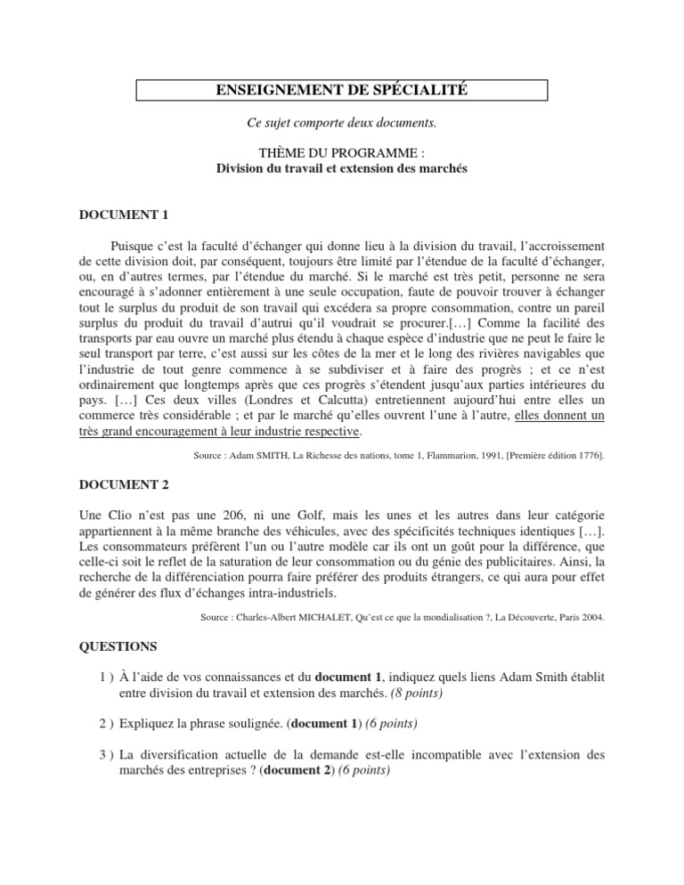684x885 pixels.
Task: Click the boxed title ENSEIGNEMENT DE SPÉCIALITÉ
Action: (x=342, y=90)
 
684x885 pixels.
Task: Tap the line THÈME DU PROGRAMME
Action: (x=342, y=153)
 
